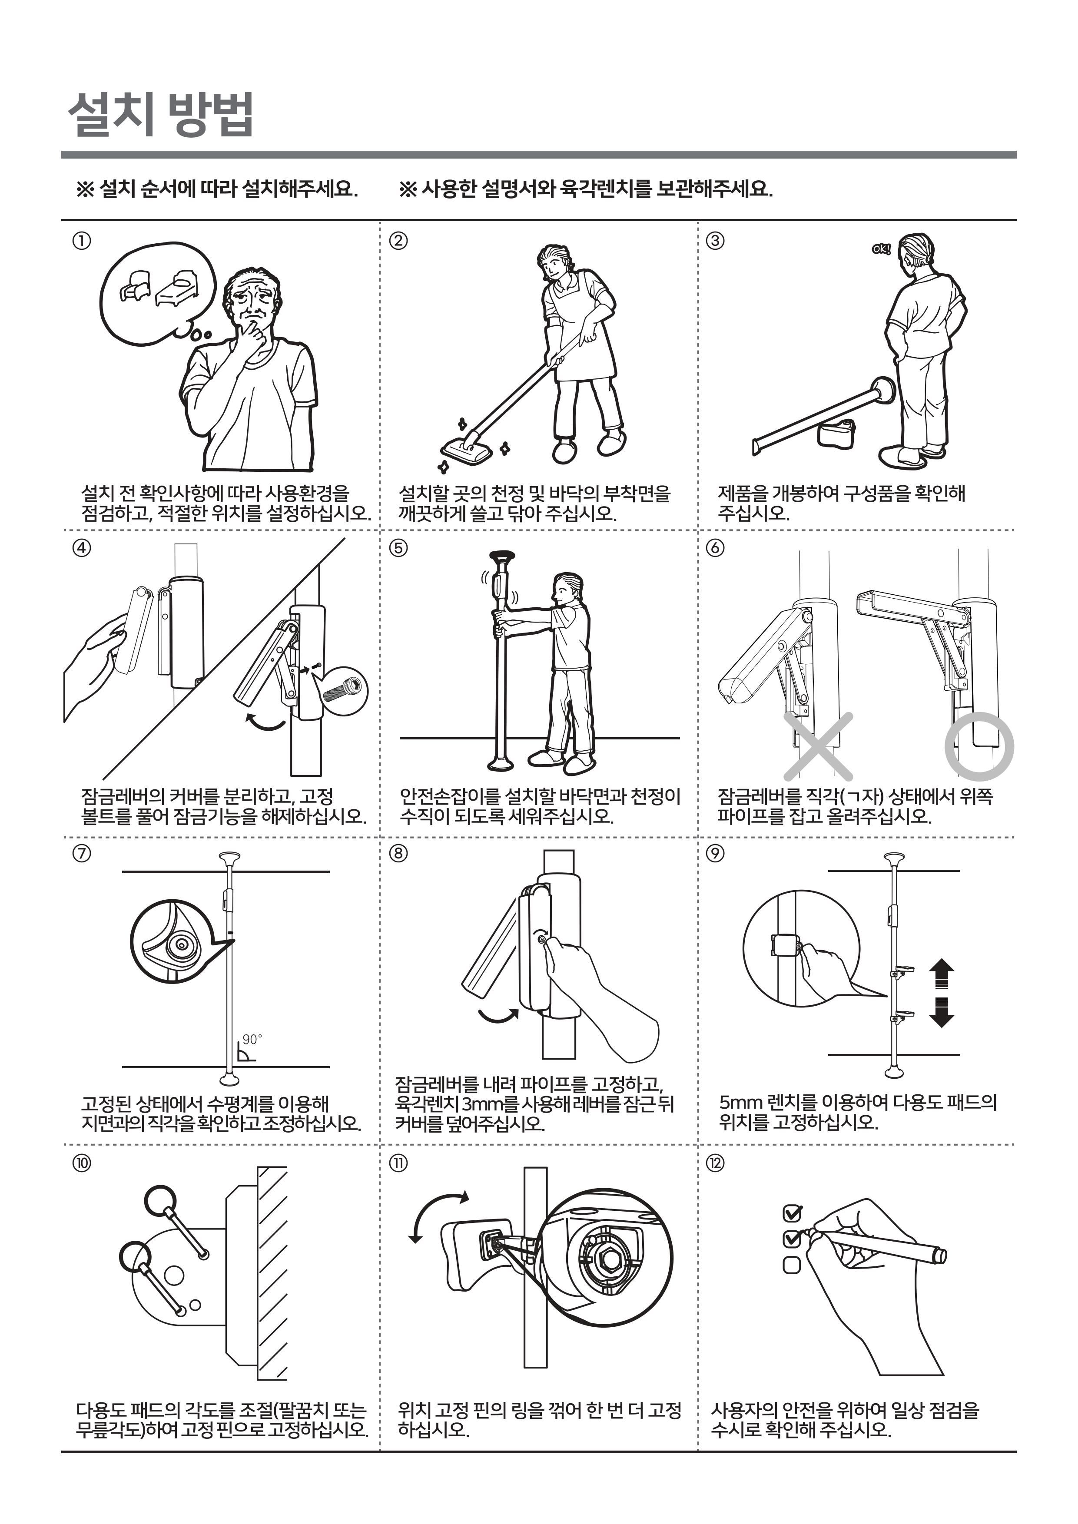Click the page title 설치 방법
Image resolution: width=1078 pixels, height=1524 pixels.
[x=161, y=115]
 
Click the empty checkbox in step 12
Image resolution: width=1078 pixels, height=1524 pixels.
[x=792, y=1265]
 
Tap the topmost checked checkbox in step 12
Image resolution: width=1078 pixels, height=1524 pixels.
[x=793, y=1213]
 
